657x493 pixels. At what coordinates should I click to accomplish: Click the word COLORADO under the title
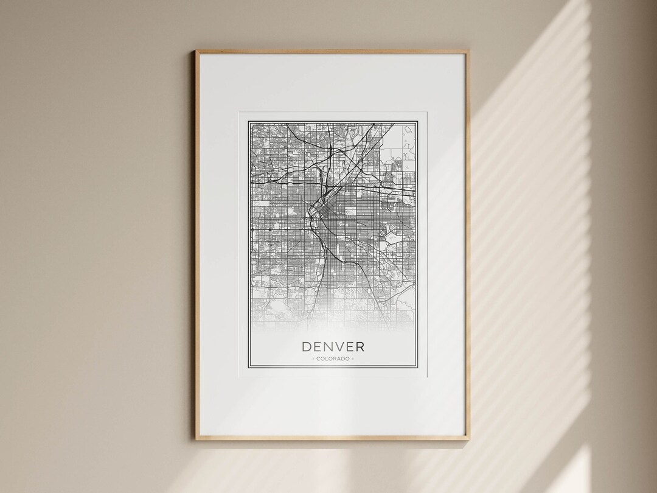pyautogui.click(x=333, y=359)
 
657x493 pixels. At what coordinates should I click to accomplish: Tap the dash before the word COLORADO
pyautogui.click(x=313, y=359)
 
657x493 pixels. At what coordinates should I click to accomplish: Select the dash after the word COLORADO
pyautogui.click(x=353, y=359)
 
